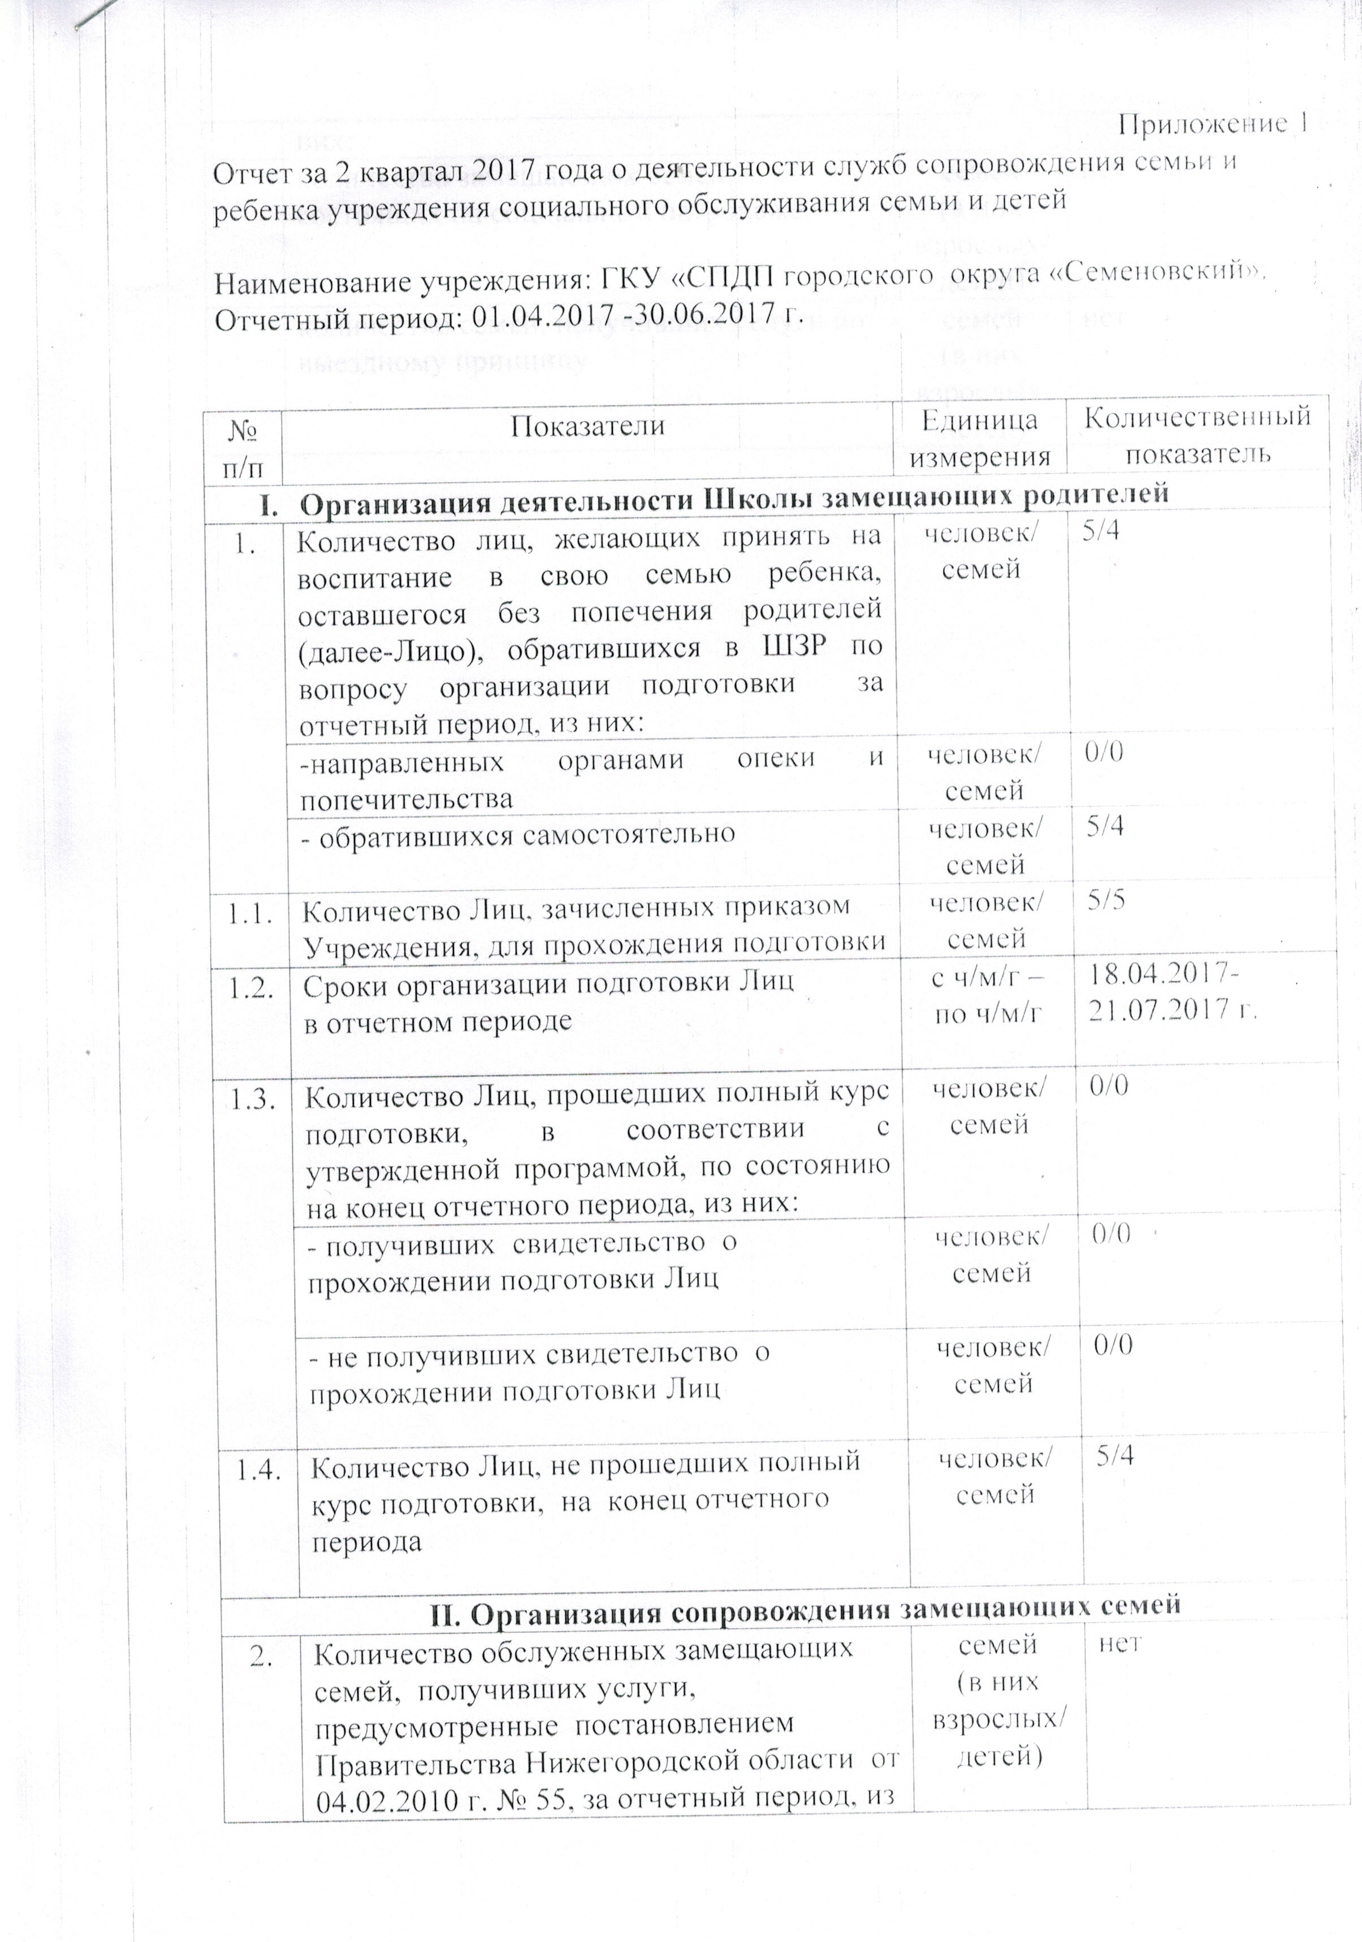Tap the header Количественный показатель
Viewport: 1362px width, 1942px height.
tap(1197, 434)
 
